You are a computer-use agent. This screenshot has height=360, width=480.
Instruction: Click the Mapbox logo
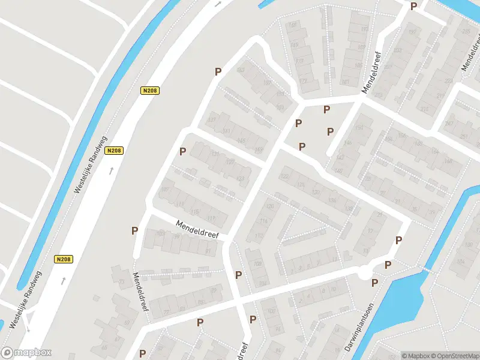pos(26,353)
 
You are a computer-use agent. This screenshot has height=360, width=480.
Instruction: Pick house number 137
pos(211,119)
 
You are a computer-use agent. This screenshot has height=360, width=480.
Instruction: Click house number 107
pos(166,190)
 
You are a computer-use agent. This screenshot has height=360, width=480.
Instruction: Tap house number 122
pos(285,176)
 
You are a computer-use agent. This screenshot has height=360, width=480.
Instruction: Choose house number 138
pos(349,209)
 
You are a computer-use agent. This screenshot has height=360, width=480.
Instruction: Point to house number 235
pos(466,32)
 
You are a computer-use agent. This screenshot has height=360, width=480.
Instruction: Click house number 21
pos(379,214)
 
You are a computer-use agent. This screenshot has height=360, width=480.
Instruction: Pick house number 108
pos(257,263)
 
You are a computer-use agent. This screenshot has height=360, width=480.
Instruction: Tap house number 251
pos(464,137)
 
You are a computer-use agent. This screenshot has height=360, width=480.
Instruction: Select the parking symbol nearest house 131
pos(182,151)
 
